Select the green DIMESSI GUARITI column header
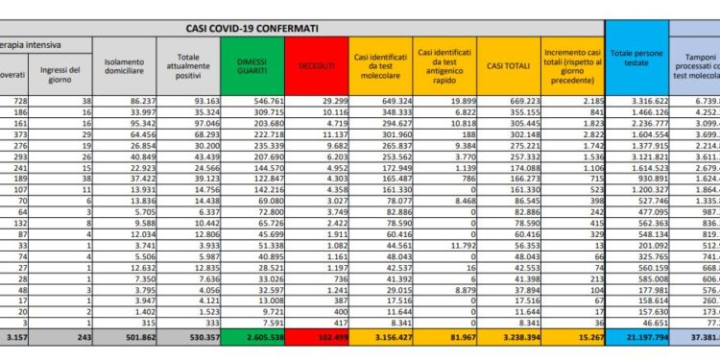coord(251,64)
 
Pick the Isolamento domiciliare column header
coord(126,64)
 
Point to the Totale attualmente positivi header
coord(188,64)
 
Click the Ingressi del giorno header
coord(63,71)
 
